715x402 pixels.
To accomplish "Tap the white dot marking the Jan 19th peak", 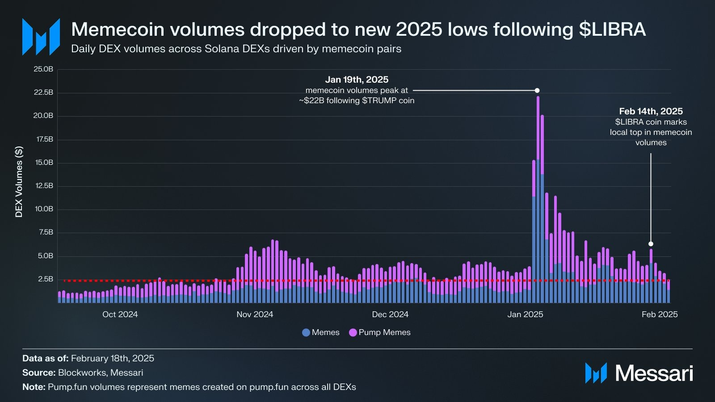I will coord(537,90).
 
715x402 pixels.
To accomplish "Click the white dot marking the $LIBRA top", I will coord(651,244).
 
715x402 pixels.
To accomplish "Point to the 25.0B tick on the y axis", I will coord(43,69).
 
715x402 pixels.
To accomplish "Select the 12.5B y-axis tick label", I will coord(43,186).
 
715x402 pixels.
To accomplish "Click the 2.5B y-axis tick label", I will coord(45,279).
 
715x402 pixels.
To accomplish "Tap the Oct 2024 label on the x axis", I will coord(120,314).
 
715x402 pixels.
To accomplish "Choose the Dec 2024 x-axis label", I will coord(390,314).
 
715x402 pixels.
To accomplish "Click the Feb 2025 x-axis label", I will coord(660,314).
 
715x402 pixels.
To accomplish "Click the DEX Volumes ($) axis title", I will coord(19,182).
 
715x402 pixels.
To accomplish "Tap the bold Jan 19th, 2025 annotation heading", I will coord(357,80).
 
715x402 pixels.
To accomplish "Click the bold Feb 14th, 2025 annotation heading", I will coord(651,111).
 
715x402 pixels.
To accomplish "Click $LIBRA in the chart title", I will coord(612,29).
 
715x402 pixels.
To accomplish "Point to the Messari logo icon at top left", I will coord(41,37).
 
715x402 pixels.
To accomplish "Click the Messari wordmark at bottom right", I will coord(654,373).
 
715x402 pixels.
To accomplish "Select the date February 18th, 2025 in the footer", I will coord(113,358).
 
